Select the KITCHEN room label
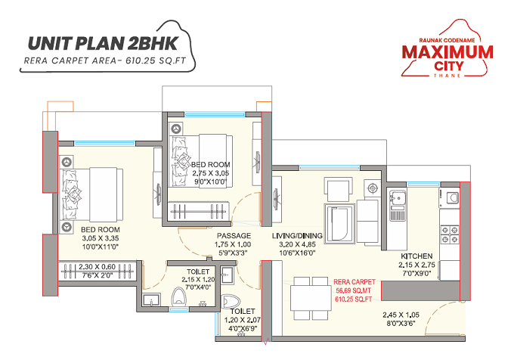[x=416, y=256]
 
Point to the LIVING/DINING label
[x=298, y=236]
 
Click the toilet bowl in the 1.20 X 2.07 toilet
[x=232, y=296]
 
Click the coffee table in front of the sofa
[x=337, y=219]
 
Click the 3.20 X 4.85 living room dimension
[x=297, y=245]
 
